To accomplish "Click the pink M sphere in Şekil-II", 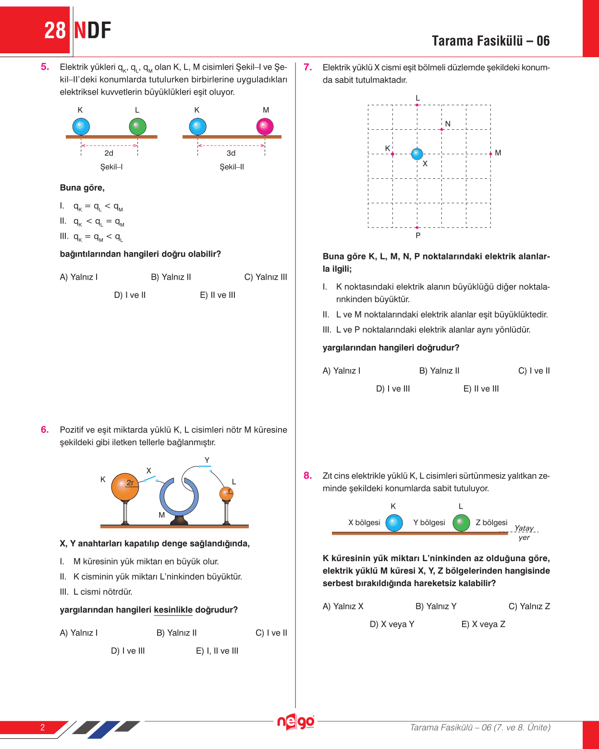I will tap(265, 127).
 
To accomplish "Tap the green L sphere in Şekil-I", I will tap(138, 127).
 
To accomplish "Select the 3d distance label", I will tap(231, 153).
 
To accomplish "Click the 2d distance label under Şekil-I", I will tap(109, 153).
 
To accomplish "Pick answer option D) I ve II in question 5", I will tap(130, 295).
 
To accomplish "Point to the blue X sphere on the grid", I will tap(417, 154).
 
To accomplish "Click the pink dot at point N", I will tap(442, 129).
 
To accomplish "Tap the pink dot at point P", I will tap(417, 227).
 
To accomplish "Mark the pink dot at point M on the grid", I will tap(490, 154).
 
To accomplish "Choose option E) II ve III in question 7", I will tap(481, 389).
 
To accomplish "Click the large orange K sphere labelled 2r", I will tap(125, 487).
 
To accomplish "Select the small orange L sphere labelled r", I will tap(226, 493).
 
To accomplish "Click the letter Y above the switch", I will tap(207, 460).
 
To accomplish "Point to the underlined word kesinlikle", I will tap(173, 610).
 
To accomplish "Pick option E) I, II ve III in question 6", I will tap(217, 651).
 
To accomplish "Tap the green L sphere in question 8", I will tap(461, 523).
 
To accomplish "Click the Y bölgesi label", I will tap(429, 523).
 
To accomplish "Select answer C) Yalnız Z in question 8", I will tap(529, 606).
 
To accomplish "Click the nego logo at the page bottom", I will tap(296, 722).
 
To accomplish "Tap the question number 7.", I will tap(308, 67).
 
